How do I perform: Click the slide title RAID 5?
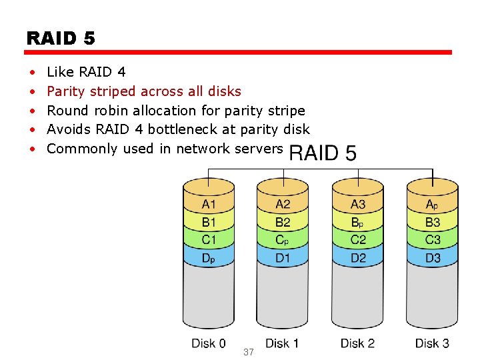61,38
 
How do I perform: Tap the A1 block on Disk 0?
209,204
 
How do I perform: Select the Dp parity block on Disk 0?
209,257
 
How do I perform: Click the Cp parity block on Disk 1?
283,239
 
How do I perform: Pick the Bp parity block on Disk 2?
358,222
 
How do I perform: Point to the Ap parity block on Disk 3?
433,204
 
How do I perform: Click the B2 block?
283,222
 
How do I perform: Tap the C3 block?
433,239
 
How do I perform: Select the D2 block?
358,257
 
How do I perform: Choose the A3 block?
358,204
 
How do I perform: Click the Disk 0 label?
209,343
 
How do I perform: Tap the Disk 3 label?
432,343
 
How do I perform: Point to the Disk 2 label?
357,343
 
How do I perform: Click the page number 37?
249,352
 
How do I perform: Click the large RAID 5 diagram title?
323,153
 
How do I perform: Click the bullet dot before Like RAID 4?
32,72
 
